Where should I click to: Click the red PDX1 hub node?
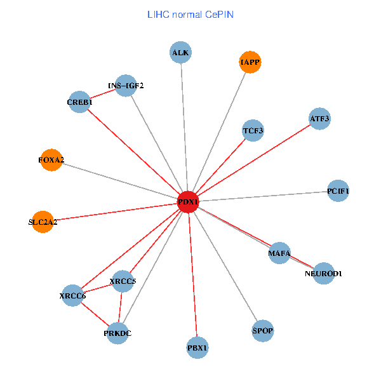[x=188, y=201]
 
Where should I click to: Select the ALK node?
[x=181, y=53]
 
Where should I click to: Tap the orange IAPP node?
[x=250, y=62]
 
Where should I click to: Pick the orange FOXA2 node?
[x=51, y=160]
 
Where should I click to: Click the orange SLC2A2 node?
[x=43, y=222]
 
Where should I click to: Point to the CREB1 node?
[x=80, y=102]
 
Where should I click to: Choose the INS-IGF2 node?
[x=126, y=86]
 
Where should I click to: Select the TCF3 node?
[x=253, y=131]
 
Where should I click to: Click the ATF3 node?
[x=319, y=118]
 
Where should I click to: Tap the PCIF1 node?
[x=338, y=190]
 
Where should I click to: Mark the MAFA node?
[x=279, y=253]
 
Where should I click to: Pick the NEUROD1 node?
[x=323, y=273]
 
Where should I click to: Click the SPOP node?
[x=262, y=330]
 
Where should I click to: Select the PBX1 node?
[x=197, y=347]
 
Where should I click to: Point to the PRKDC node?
[x=117, y=332]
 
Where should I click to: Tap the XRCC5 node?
[x=123, y=281]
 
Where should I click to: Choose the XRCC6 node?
[x=72, y=295]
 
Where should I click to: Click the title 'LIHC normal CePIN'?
[x=190, y=14]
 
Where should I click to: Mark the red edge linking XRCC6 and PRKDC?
[x=95, y=314]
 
